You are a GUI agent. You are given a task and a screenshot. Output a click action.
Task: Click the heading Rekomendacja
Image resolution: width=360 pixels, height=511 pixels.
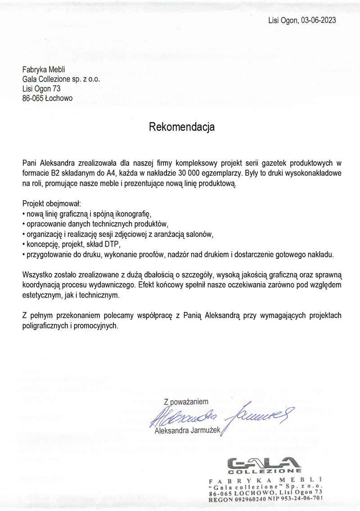pyautogui.click(x=182, y=127)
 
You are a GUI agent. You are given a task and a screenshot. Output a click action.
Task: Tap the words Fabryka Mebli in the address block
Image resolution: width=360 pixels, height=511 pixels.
pyautogui.click(x=44, y=69)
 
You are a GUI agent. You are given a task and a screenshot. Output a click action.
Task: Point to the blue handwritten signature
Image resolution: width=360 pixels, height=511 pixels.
pyautogui.click(x=220, y=416)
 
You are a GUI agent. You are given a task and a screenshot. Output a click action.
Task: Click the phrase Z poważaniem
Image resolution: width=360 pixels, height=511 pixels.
pyautogui.click(x=186, y=401)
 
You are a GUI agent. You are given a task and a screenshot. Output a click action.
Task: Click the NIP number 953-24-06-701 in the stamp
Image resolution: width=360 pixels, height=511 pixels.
pyautogui.click(x=305, y=499)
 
